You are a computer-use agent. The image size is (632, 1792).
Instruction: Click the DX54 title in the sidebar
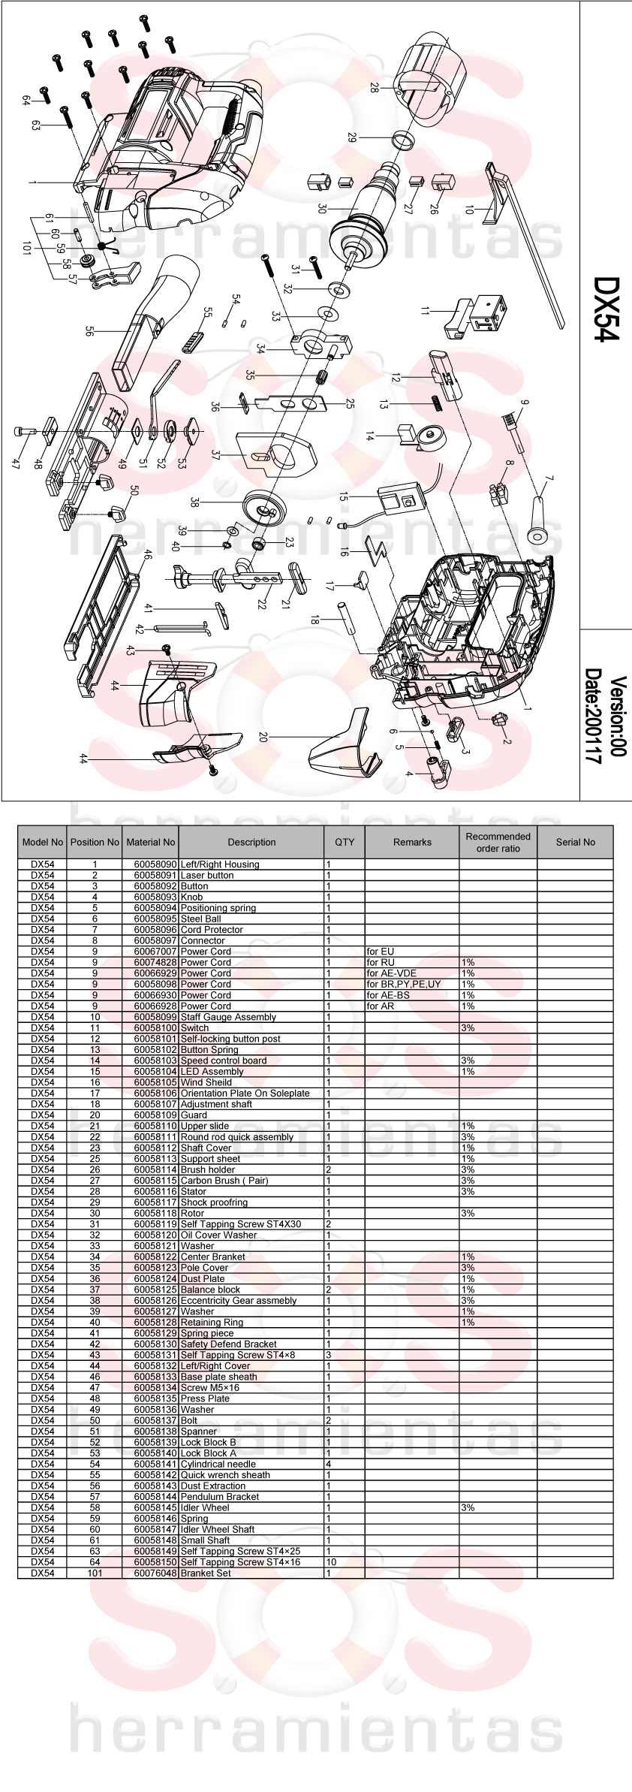(606, 309)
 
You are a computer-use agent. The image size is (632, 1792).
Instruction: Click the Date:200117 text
(594, 716)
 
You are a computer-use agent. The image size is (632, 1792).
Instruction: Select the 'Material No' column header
(151, 842)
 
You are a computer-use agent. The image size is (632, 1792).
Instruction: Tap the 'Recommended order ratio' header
(498, 842)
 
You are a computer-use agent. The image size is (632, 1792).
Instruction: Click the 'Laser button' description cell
(207, 875)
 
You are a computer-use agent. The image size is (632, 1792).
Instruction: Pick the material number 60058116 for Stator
(155, 1191)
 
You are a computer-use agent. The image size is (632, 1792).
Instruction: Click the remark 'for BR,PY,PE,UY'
(404, 984)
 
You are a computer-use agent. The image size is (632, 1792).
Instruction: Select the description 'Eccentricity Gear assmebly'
(239, 1300)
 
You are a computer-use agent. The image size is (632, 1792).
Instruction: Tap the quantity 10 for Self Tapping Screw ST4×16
(331, 1561)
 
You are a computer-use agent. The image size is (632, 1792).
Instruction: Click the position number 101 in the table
(95, 1573)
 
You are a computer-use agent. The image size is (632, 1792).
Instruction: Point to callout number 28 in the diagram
(374, 88)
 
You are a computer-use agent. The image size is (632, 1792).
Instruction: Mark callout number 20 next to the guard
(263, 738)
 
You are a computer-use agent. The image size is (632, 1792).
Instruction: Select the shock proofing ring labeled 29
(405, 139)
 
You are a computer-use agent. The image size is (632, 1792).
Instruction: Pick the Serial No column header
(575, 842)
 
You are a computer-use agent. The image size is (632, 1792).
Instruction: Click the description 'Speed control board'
(224, 1060)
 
